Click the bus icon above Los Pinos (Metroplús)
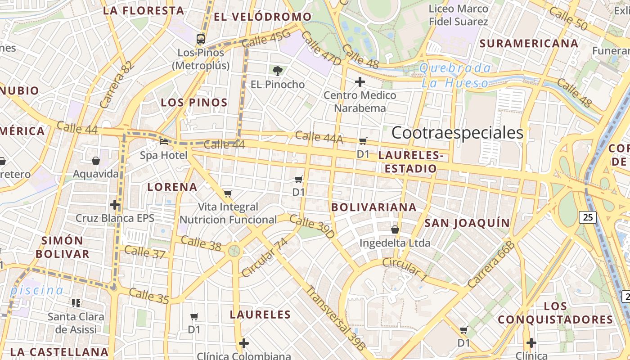pos(201,39)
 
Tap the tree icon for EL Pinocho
pos(278,70)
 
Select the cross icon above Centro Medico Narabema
pos(360,82)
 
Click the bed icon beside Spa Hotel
pos(164,141)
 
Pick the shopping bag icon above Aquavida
pos(96,160)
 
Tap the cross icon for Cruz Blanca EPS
pos(115,205)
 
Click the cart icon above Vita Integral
pos(228,194)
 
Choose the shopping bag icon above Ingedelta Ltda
pos(395,229)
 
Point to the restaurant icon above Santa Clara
pos(76,303)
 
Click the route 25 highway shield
pos(588,218)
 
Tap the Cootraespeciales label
pos(457,133)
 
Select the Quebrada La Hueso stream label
pos(455,76)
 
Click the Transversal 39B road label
pos(335,318)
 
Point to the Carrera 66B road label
pos(491,264)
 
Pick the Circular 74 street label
pos(264,258)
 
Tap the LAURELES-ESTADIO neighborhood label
pos(408,162)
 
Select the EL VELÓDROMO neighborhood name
pos(263,17)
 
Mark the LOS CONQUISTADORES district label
pos(555,313)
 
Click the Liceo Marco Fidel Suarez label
pos(458,15)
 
